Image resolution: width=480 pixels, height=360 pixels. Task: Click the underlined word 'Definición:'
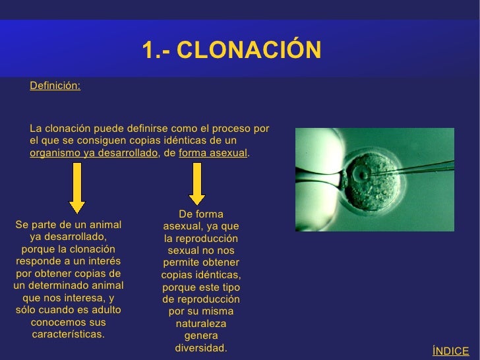pyautogui.click(x=55, y=86)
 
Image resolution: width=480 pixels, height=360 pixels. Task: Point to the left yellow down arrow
pyautogui.click(x=76, y=184)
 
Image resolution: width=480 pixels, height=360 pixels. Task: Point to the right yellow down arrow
pyautogui.click(x=196, y=184)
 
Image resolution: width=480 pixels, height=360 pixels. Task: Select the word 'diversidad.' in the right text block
pyautogui.click(x=200, y=347)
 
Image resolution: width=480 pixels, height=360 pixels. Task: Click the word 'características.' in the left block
pyautogui.click(x=68, y=334)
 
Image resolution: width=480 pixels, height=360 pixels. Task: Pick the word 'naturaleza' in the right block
pyautogui.click(x=200, y=323)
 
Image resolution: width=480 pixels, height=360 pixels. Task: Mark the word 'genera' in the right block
pyautogui.click(x=200, y=335)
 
